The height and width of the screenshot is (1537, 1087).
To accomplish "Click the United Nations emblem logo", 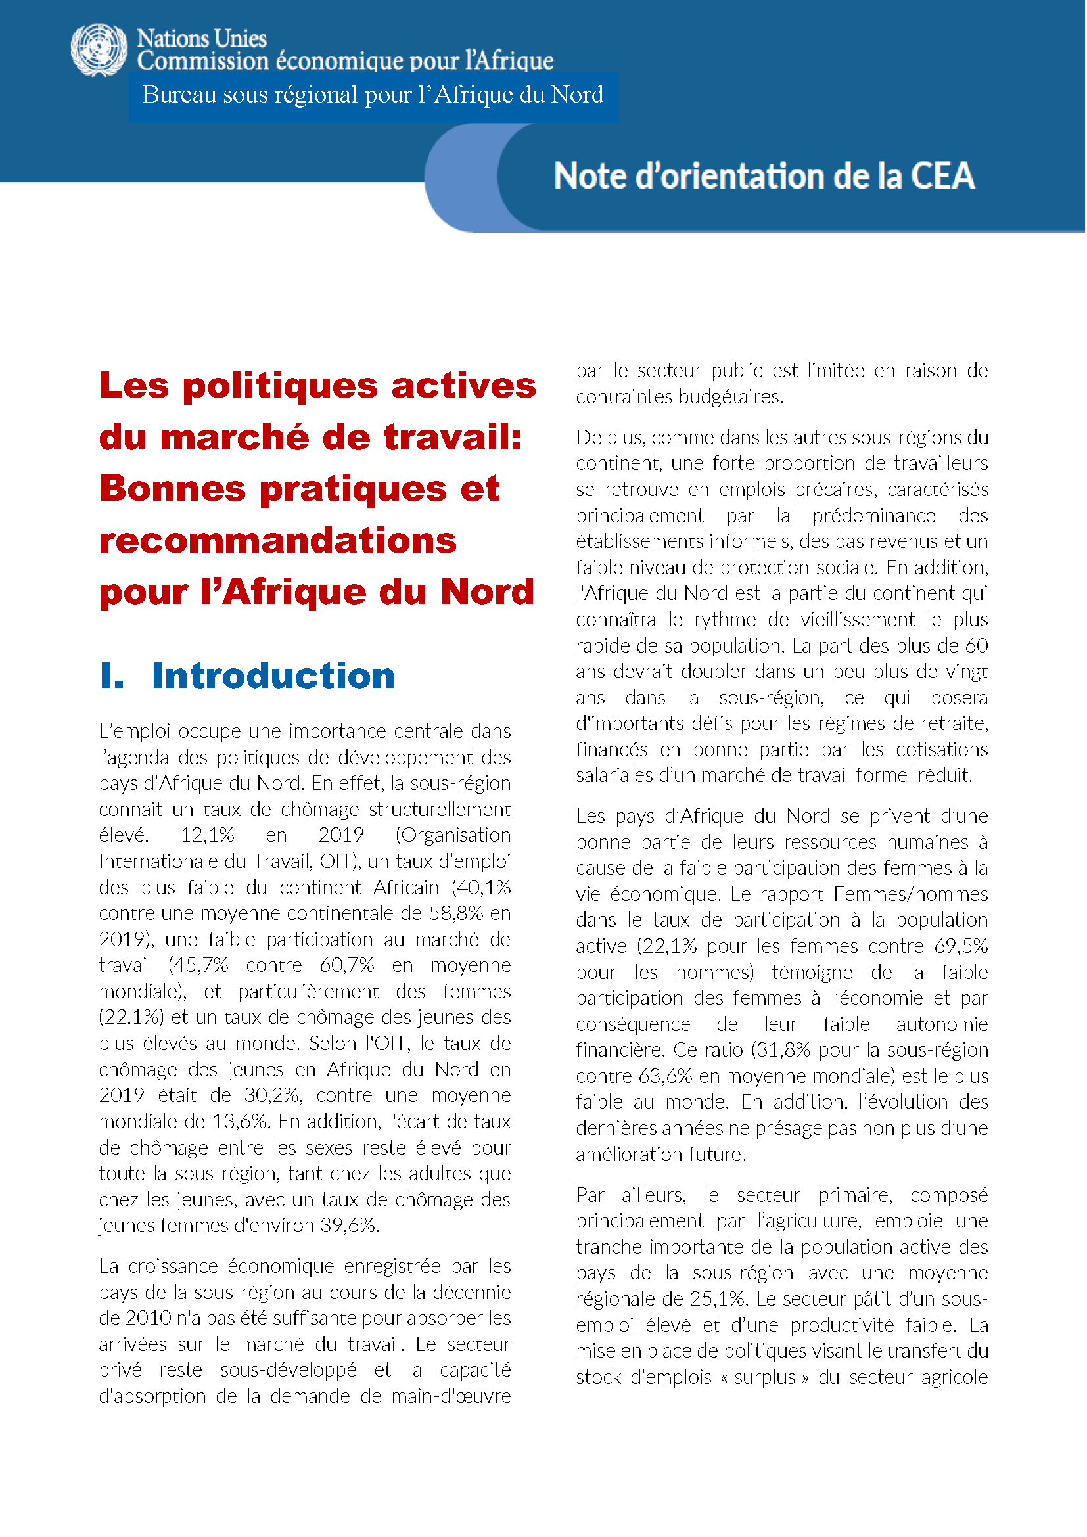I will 99,50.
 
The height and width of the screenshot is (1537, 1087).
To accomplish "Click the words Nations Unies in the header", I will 202,39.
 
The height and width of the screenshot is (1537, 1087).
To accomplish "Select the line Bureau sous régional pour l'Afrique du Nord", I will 373,95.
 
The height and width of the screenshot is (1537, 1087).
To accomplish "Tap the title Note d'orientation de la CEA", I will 764,177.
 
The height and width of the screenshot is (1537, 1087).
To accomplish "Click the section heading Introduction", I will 273,676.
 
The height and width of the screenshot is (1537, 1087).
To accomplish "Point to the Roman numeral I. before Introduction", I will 112,676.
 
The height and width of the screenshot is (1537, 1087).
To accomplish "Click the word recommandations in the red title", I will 278,541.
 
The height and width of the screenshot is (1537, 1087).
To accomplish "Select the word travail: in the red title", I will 453,438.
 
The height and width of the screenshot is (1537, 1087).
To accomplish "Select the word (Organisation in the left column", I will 453,836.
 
